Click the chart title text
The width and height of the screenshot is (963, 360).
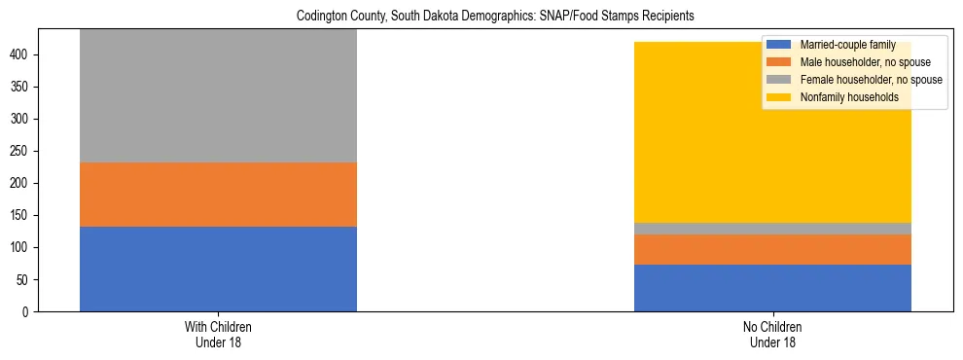481,17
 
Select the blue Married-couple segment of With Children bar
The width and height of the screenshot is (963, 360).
218,269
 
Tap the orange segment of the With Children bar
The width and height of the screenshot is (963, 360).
218,195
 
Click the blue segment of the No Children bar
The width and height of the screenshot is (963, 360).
772,288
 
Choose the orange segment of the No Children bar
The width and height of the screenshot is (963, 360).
772,250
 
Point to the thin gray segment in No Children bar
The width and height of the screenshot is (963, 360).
772,229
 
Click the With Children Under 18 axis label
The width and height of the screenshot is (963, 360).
218,334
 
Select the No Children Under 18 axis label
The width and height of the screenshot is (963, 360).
772,334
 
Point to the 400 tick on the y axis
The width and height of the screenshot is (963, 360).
25,54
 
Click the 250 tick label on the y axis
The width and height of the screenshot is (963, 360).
25,151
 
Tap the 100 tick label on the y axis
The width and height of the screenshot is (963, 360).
25,247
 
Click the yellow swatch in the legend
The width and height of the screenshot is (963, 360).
779,97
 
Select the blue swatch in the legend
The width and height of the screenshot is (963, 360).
779,45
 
